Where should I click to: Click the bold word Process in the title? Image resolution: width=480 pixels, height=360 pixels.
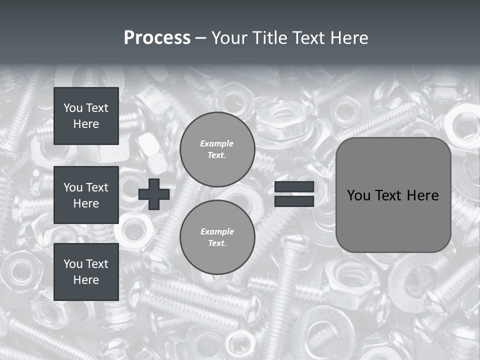tap(157, 38)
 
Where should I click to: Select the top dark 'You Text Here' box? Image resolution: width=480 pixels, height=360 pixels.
tap(86, 116)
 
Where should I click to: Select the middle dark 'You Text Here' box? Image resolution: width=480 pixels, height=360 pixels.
tap(86, 195)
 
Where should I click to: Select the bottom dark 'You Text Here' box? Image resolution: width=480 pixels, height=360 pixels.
tap(86, 271)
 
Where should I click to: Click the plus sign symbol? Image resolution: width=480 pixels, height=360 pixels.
tap(154, 194)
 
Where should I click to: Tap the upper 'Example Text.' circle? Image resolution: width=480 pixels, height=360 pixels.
tap(217, 149)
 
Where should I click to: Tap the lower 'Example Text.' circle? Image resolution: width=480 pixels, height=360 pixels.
tap(217, 237)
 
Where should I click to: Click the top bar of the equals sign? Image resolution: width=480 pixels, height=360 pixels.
tap(294, 187)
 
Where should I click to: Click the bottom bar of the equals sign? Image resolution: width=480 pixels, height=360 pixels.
tap(294, 201)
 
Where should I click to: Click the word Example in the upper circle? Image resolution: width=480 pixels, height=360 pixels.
tap(217, 143)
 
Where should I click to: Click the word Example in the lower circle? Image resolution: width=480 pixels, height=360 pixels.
tap(217, 231)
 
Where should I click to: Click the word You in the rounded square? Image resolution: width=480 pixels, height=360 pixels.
tap(358, 195)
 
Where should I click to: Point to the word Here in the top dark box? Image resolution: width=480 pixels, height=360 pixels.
tap(86, 124)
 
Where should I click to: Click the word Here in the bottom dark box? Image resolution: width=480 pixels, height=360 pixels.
tap(86, 280)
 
